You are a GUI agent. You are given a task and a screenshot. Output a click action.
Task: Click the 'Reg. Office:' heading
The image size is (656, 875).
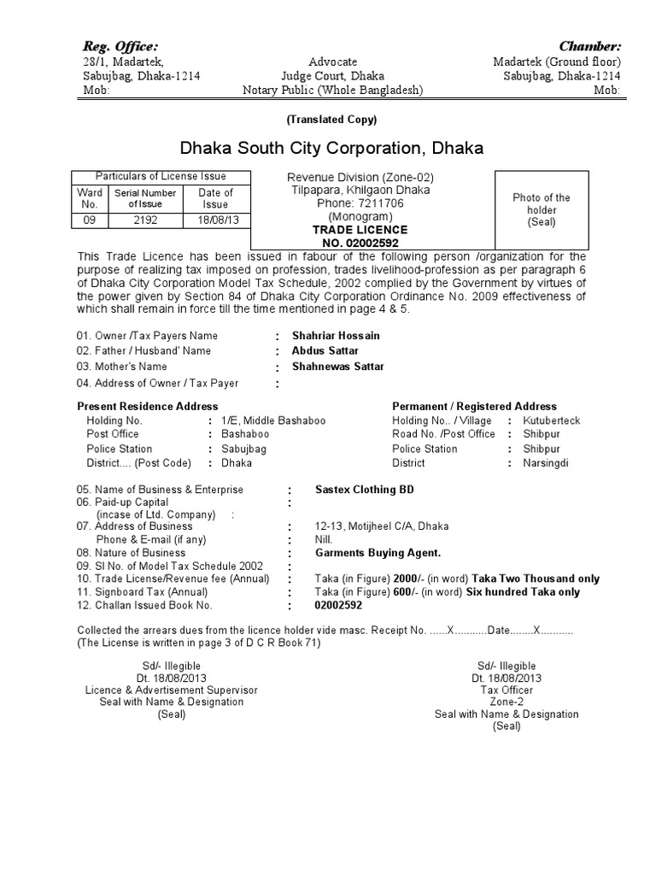tap(120, 45)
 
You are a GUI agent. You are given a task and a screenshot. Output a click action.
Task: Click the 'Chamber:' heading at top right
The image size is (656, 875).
tap(589, 45)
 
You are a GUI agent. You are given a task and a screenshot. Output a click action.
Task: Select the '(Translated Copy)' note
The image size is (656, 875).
tap(332, 119)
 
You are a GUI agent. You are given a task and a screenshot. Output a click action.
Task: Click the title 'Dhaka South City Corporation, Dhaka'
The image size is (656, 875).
tap(331, 148)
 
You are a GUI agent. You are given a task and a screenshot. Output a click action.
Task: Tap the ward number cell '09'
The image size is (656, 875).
tap(89, 220)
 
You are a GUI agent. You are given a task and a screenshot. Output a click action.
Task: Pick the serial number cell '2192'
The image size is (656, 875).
tap(146, 220)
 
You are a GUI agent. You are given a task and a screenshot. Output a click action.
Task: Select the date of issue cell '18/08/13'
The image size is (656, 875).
tap(215, 220)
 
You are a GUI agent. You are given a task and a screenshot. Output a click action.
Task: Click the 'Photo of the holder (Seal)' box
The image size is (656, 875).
tap(541, 209)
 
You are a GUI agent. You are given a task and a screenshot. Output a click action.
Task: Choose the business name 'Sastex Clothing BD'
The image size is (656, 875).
tap(365, 490)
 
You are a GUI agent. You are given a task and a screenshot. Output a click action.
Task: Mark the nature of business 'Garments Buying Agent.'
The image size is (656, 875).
tap(378, 553)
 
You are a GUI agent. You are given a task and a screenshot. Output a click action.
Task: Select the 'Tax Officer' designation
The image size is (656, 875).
tap(507, 690)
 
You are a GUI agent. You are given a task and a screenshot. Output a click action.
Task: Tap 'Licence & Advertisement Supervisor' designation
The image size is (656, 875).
tap(171, 690)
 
